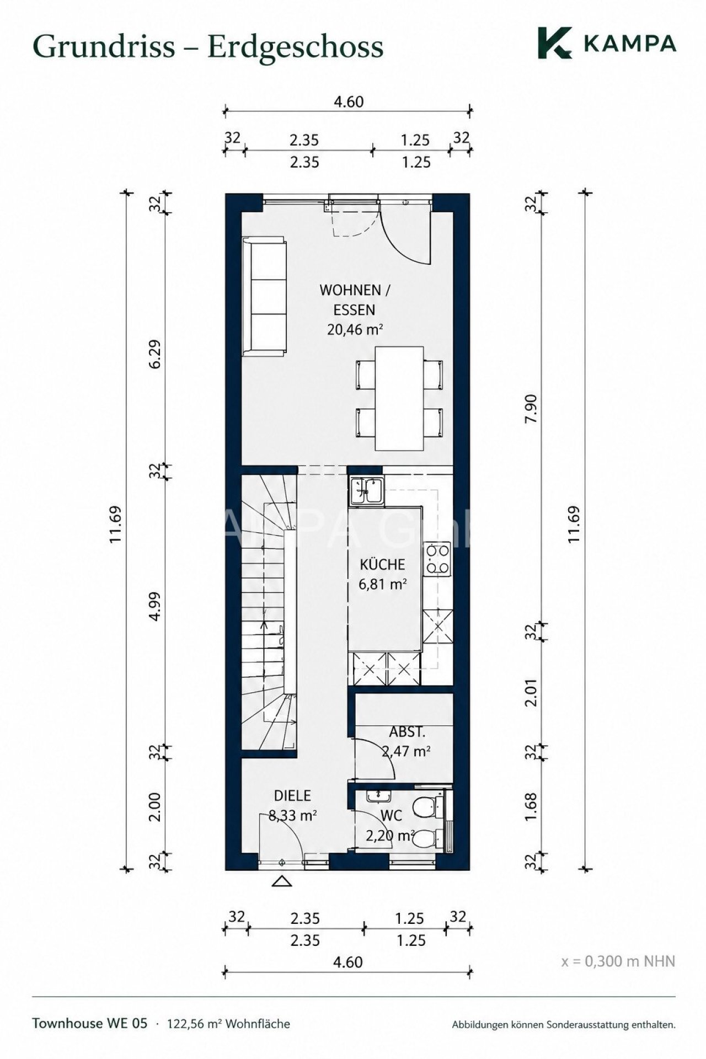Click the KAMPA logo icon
pyautogui.click(x=555, y=42)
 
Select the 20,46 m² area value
pyautogui.click(x=355, y=329)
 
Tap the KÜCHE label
pyautogui.click(x=382, y=564)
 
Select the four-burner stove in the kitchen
pyautogui.click(x=437, y=558)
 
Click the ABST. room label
pyautogui.click(x=407, y=732)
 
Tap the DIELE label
pyautogui.click(x=292, y=795)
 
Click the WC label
pyautogui.click(x=391, y=815)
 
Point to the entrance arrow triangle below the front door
pyautogui.click(x=282, y=881)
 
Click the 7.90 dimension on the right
pyautogui.click(x=531, y=409)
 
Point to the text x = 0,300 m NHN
pyautogui.click(x=618, y=961)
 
